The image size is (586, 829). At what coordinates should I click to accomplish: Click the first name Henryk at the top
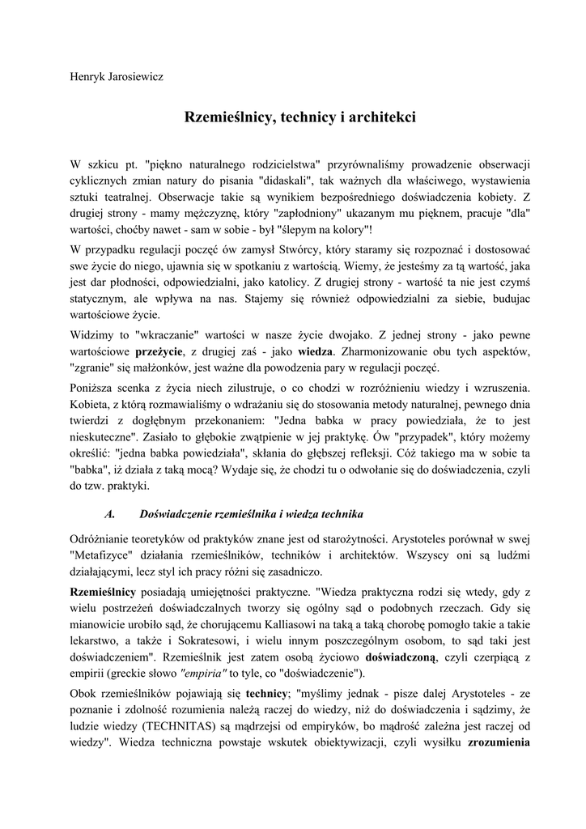coord(90,78)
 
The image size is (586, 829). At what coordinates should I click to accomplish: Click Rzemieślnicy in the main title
coord(230,118)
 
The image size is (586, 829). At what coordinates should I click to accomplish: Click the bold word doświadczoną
coord(401,657)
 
